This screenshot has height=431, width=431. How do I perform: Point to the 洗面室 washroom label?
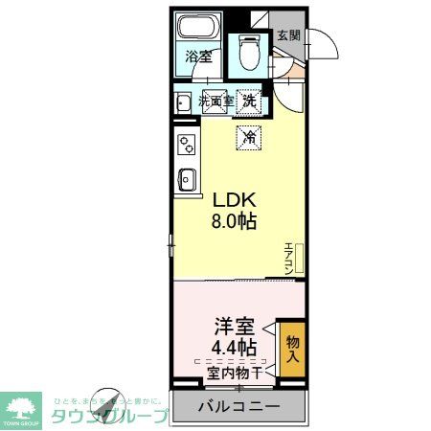click(216, 99)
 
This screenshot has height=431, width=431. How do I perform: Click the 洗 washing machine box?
click(249, 100)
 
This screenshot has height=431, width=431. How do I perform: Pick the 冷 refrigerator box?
click(248, 137)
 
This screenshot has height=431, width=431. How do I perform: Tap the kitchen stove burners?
click(186, 146)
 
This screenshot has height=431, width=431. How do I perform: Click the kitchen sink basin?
click(187, 178)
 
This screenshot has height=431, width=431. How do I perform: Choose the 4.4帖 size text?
click(232, 348)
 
